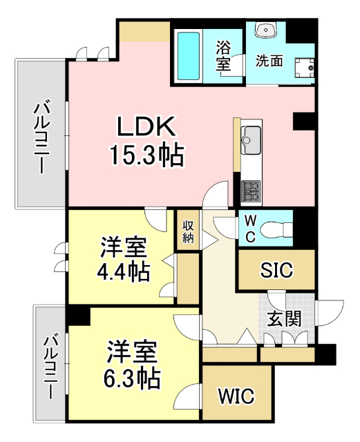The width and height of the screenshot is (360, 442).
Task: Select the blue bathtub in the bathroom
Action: click(x=188, y=55)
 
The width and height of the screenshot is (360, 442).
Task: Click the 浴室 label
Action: click(x=223, y=55)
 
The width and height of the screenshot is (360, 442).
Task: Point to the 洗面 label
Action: click(x=269, y=60)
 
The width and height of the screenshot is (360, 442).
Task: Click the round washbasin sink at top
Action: click(x=266, y=30)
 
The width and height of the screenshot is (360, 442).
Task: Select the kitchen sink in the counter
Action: click(x=251, y=137)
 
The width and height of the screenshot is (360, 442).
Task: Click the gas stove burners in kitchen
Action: click(x=250, y=189)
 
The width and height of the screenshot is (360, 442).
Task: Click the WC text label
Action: click(x=251, y=227)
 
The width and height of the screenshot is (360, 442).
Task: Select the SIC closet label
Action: click(x=276, y=270)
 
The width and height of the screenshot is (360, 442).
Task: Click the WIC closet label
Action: click(x=236, y=396)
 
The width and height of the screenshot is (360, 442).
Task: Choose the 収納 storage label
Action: click(x=188, y=231)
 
